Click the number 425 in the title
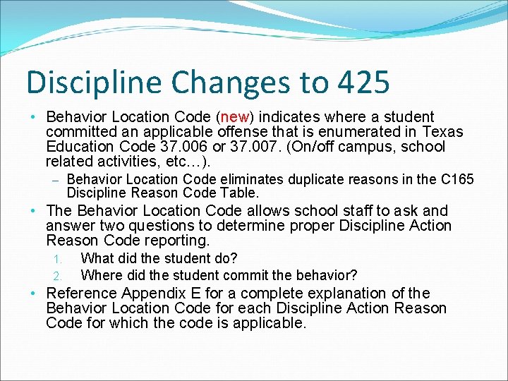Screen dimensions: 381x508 (x=363, y=82)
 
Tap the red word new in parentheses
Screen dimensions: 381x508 (x=233, y=116)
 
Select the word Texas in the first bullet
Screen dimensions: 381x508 (x=442, y=132)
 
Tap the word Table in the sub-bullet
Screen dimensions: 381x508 (x=240, y=193)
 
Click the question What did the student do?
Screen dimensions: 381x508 (x=159, y=259)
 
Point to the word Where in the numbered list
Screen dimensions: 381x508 (x=99, y=274)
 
